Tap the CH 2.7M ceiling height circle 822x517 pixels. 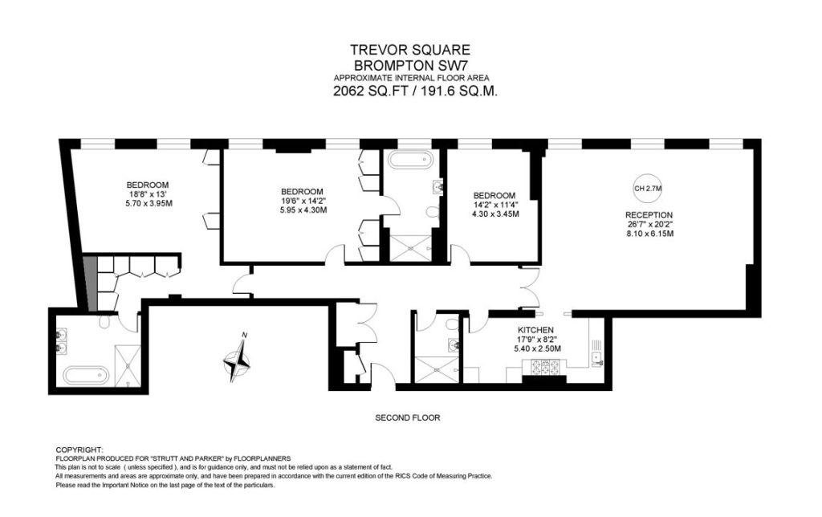coord(648,188)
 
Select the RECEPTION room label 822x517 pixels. coord(649,215)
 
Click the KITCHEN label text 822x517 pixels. coord(535,330)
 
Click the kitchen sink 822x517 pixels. coord(596,357)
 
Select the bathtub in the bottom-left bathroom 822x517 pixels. coord(86,376)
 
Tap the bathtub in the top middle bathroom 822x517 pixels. coord(410,159)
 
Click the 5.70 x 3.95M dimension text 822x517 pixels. coord(149,203)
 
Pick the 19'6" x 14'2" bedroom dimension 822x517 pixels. coord(302,201)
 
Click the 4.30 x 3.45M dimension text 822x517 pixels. coord(495,214)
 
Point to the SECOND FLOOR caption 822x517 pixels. coord(407,418)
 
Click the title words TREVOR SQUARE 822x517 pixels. coord(410,50)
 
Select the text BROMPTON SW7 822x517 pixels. coord(410,66)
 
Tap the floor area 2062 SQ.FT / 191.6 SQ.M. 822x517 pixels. coord(415,91)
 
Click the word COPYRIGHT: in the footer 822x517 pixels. coord(79,450)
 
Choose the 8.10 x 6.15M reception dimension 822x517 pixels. coord(649,234)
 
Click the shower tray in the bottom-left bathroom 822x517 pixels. coord(128,365)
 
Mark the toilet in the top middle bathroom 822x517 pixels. coord(433,212)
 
